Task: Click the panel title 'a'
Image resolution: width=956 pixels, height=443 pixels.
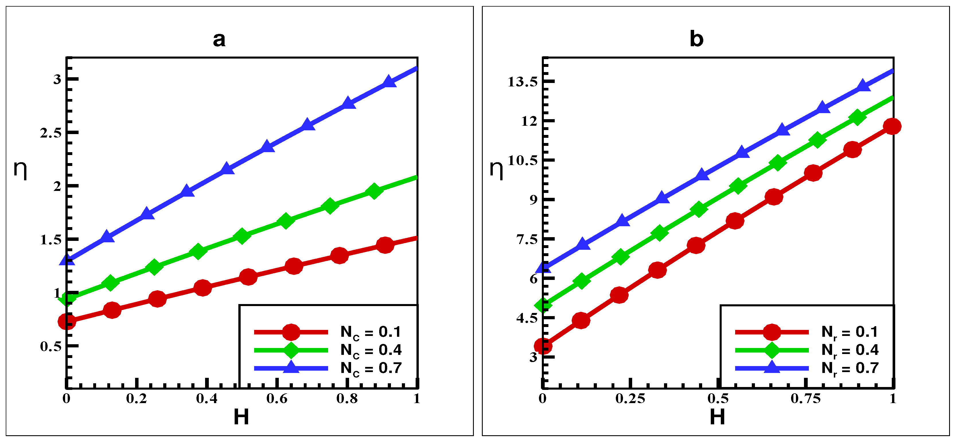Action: (x=219, y=39)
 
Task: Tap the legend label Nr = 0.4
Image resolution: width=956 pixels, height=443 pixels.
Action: (x=850, y=350)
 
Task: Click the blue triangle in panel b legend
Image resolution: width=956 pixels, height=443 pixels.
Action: (x=772, y=367)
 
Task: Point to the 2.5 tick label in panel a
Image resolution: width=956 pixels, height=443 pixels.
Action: (x=51, y=133)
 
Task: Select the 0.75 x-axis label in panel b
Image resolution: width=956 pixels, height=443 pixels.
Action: (x=805, y=398)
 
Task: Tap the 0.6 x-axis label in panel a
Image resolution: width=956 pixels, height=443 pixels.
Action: (x=277, y=398)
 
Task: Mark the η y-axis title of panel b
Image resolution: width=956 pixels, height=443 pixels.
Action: (x=496, y=170)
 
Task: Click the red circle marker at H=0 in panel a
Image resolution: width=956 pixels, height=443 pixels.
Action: (x=67, y=321)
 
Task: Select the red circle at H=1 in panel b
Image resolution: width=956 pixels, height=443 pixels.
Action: (x=892, y=126)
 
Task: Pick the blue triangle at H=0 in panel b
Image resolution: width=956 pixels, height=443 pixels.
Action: (x=543, y=267)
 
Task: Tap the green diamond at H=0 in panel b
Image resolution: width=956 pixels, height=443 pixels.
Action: (x=543, y=305)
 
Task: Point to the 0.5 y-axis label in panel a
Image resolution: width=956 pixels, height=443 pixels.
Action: (x=51, y=347)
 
